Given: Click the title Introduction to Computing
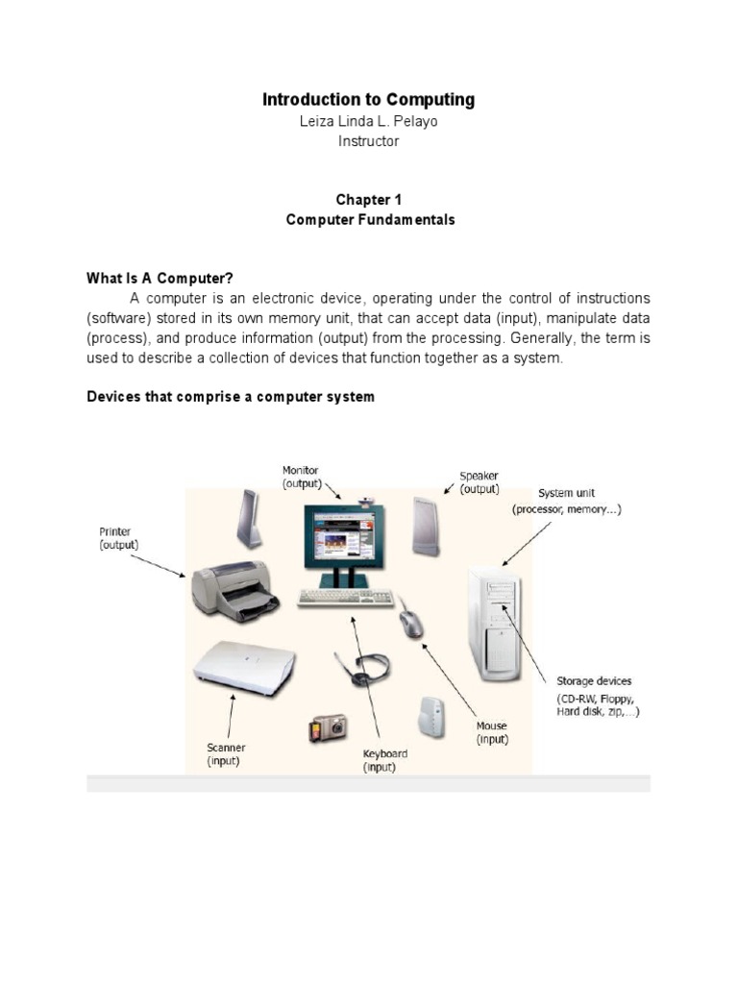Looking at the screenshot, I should pos(368,100).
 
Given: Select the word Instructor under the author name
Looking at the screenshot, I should pos(368,141).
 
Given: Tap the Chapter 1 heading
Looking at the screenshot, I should pos(368,200).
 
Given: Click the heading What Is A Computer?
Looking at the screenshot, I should pos(160,279).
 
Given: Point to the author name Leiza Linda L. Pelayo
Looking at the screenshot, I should pos(368,121).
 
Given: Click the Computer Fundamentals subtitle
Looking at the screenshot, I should pos(370,220).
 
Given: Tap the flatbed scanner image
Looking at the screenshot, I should pos(243,666).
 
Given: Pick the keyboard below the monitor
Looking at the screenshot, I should pos(345,598).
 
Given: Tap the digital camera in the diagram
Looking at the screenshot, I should pos(327,728).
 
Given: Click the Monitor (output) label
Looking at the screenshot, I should pos(301,478).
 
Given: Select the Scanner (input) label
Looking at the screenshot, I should pos(226,754).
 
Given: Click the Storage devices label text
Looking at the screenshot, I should pos(594,681).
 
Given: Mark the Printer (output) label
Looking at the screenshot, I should pos(118,538).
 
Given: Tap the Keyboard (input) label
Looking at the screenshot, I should pos(384,761).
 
